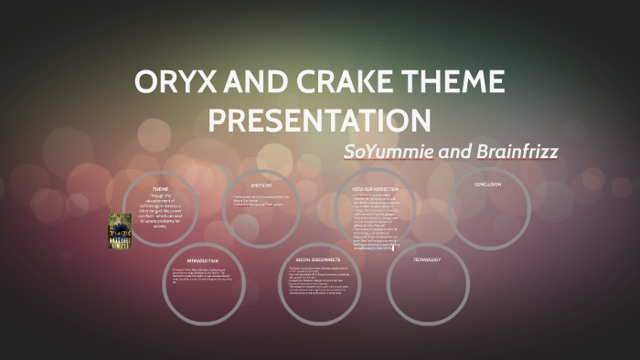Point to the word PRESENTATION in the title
[320, 120]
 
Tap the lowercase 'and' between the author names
[454, 150]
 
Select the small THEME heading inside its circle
[160, 188]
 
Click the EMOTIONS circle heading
[261, 186]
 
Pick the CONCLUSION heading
[487, 185]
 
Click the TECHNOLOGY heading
[426, 259]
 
